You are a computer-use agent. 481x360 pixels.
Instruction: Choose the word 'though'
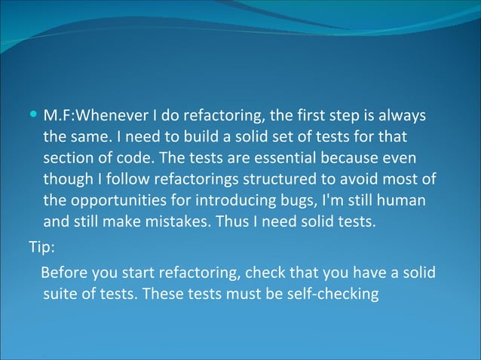coord(66,182)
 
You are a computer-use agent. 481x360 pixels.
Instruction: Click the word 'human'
coord(403,203)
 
